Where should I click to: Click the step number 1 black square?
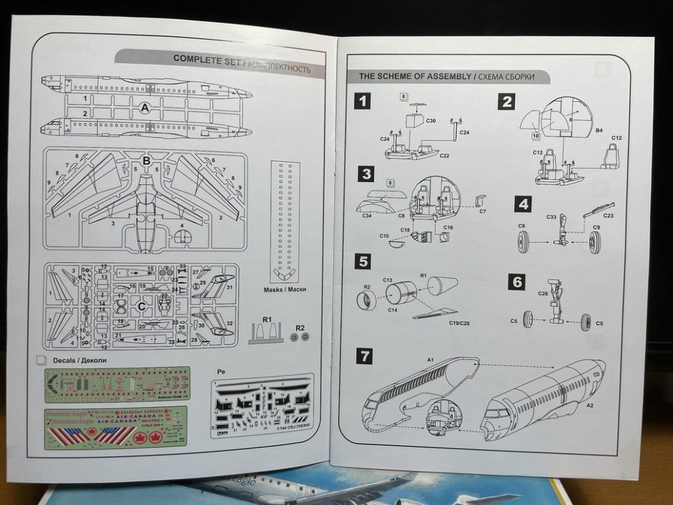pos(364,101)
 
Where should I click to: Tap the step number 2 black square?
pos(506,101)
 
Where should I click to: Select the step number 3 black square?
pos(366,174)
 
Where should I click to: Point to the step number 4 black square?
pos(522,204)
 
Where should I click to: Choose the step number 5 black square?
pos(364,261)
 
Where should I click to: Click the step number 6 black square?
pos(517,281)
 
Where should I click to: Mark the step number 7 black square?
pos(365,356)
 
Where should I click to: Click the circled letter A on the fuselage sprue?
pos(145,108)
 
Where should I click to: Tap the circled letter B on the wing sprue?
pos(145,161)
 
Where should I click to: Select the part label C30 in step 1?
pos(430,120)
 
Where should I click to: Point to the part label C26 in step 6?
pos(542,294)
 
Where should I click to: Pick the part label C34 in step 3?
pos(366,216)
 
